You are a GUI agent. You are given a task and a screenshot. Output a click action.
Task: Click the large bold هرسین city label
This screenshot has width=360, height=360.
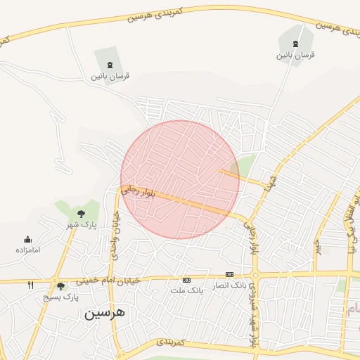[104, 313]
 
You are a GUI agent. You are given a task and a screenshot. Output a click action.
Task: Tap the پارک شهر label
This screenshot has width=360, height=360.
[80, 224]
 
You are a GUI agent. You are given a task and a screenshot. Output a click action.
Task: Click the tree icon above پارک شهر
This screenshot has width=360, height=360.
[81, 212]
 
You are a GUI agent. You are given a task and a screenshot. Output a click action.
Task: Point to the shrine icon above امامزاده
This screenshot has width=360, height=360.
[27, 239]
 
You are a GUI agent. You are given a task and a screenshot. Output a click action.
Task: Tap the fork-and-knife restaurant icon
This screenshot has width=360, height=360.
[30, 285]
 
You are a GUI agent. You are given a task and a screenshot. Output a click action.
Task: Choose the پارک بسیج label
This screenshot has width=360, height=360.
[62, 297]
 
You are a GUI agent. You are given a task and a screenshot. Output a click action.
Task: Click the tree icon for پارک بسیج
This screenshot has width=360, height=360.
[60, 286]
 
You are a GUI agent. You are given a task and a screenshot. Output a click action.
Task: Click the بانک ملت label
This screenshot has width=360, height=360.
[186, 290]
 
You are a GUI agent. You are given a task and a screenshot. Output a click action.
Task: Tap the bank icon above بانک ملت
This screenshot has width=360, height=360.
[186, 280]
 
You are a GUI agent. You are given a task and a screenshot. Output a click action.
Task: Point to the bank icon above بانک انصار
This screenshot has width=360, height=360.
[229, 274]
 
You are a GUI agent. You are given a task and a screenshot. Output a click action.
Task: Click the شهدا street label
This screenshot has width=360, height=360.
[272, 181]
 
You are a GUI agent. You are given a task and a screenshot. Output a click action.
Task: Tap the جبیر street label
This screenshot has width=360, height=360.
[318, 247]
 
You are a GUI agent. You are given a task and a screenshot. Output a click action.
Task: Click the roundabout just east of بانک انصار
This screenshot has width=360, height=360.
[255, 275]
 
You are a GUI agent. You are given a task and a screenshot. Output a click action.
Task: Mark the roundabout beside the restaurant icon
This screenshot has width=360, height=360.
[55, 281]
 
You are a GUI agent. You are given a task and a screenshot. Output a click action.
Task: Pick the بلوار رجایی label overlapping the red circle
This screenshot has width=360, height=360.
[138, 192]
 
